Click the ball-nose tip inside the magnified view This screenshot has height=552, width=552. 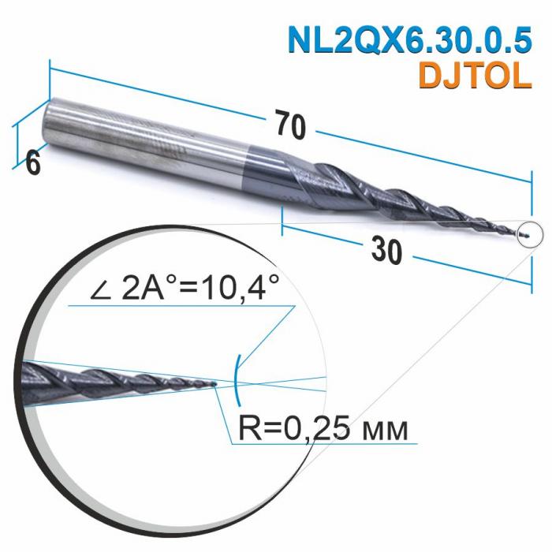coord(214,385)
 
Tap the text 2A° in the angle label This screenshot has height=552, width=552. coord(149,289)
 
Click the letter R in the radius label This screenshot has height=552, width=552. coord(246,429)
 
